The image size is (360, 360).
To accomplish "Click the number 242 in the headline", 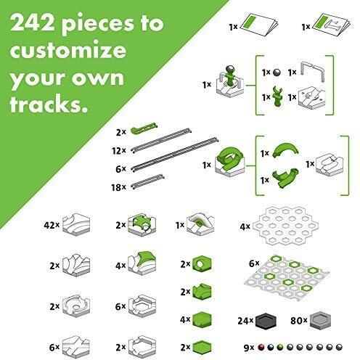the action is pos(33,23).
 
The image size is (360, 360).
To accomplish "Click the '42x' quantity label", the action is pos(52,225).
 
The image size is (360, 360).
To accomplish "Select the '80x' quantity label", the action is pos(299,321).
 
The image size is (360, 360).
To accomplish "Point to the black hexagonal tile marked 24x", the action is pos(266,321).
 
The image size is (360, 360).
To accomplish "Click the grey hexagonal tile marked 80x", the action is pos(320,321).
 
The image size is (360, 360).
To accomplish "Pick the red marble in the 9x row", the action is pos(261,348).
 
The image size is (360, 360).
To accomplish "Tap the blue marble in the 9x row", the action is pos(271,348).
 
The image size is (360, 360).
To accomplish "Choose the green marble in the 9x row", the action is pos(280,348).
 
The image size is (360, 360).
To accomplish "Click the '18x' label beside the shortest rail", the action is pos(118,187).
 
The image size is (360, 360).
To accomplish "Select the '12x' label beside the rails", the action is pos(119,151).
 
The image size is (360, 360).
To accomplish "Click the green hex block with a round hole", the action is pos(202,264).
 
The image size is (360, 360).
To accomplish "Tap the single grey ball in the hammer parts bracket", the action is pos(277,73).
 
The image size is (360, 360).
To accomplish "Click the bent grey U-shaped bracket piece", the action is pos(313,69).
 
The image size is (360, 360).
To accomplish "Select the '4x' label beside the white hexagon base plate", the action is pos(245,226).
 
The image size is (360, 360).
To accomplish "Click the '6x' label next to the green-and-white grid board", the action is pos(254,263).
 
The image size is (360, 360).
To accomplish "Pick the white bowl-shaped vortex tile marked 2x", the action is pos(76,306).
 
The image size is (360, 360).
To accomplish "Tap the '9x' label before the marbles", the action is pos(249,348).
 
